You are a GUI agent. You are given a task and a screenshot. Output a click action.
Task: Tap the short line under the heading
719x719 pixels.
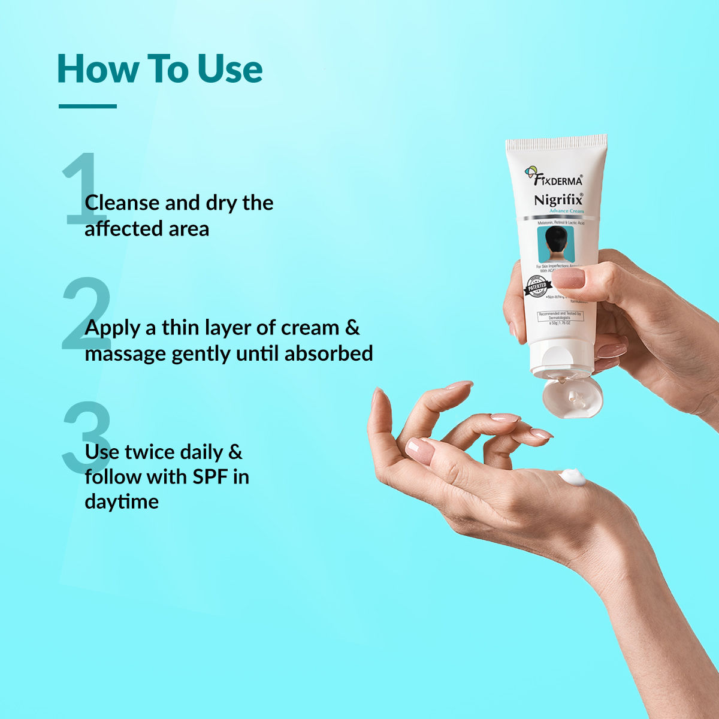click(x=87, y=107)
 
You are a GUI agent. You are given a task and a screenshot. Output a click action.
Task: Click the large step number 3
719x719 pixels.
click(x=85, y=438)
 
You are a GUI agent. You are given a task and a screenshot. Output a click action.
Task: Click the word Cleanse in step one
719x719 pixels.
click(x=123, y=203)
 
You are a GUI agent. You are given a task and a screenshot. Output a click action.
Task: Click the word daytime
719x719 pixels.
click(x=122, y=502)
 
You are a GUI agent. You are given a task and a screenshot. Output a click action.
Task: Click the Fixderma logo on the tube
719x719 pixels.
click(x=554, y=177)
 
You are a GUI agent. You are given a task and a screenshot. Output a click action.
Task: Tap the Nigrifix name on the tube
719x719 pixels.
click(x=558, y=200)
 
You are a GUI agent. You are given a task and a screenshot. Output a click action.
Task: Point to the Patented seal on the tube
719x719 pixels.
click(x=537, y=286)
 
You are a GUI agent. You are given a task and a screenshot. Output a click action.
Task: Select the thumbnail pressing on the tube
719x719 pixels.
click(x=567, y=278)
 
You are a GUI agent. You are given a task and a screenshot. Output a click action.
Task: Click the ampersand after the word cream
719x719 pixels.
click(x=353, y=328)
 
